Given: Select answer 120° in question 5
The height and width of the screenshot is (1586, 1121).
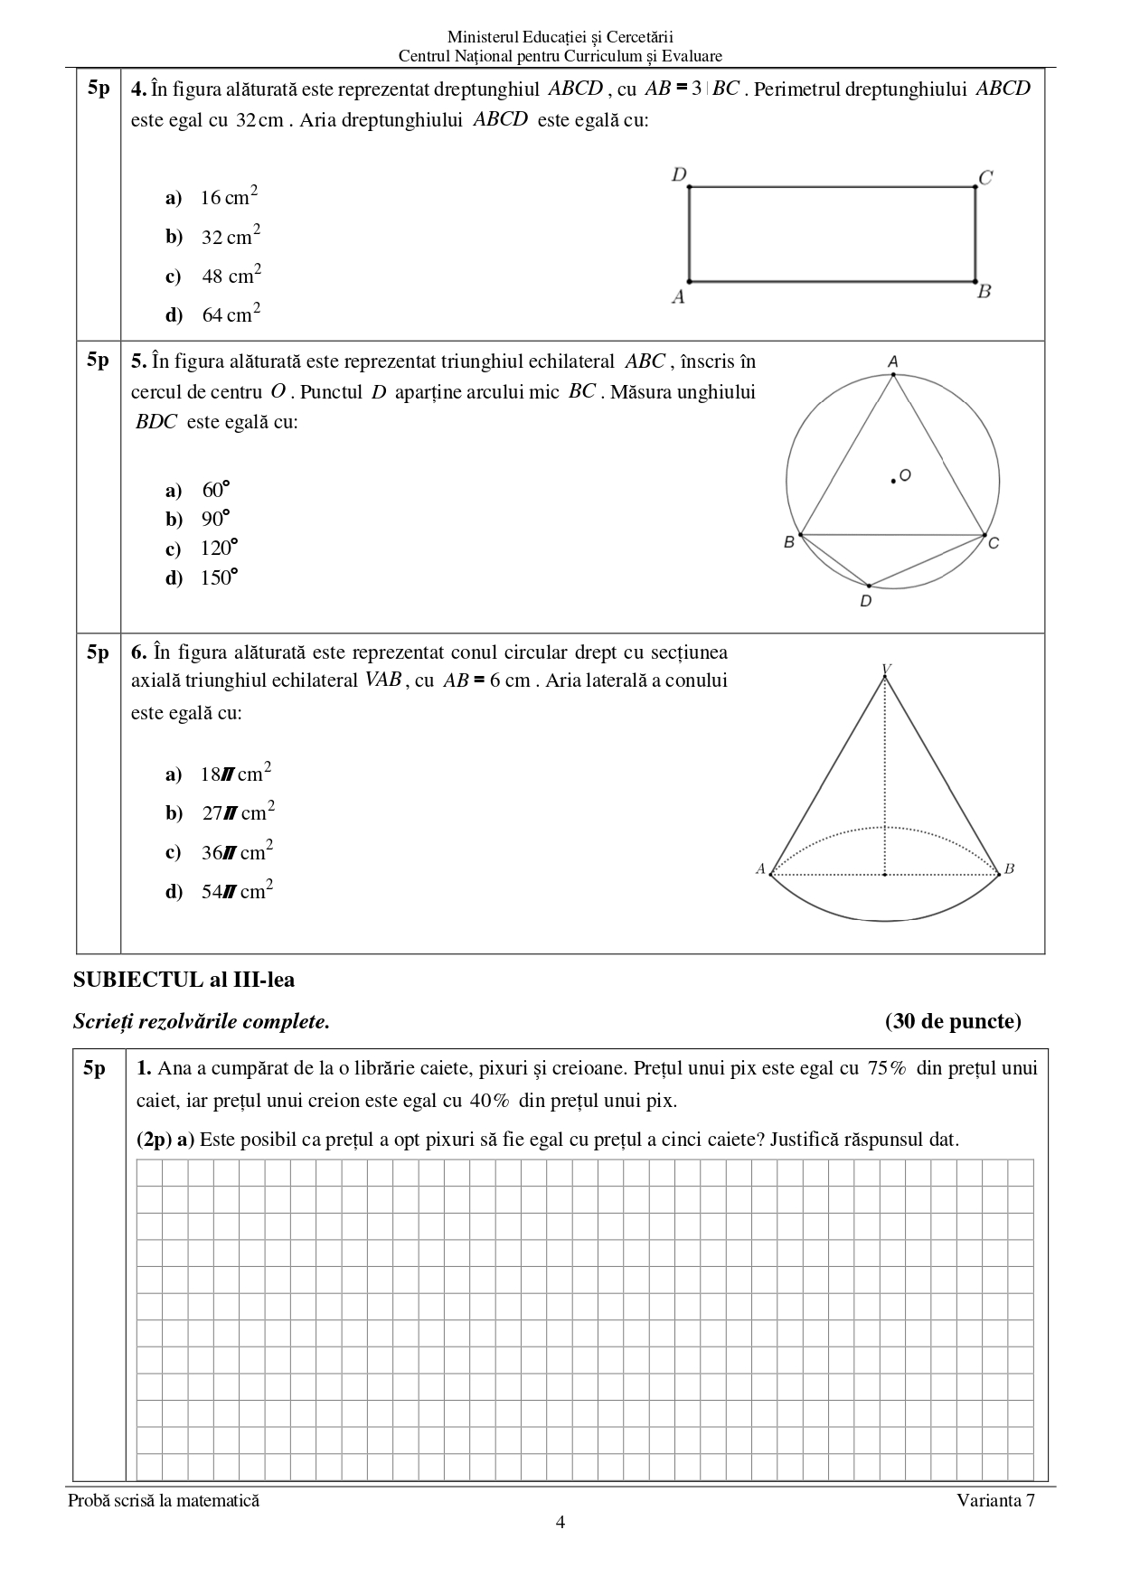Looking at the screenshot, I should click(218, 549).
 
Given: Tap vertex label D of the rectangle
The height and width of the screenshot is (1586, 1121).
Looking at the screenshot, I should click(679, 174).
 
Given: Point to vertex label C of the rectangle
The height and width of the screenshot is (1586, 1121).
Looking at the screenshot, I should click(985, 177).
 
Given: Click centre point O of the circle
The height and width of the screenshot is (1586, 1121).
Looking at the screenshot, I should click(893, 481).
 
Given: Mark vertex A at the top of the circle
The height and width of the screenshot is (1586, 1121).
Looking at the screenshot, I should click(893, 362).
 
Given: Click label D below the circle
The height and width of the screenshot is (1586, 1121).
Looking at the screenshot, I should click(866, 601).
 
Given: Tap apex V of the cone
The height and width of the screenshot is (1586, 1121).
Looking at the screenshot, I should click(886, 670).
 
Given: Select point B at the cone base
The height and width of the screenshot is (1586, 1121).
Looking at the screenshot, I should click(1009, 869).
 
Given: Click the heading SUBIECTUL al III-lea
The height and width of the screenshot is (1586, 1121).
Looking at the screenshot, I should click(184, 980).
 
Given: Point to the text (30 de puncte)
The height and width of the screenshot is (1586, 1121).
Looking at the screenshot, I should click(953, 1021).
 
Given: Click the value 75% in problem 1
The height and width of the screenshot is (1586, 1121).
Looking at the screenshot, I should click(887, 1068).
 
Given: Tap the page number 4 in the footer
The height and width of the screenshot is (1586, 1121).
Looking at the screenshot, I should click(560, 1523).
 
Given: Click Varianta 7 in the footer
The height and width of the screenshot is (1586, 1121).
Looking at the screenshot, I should click(996, 1500).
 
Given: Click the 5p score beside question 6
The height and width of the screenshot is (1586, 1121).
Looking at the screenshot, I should click(98, 652).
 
